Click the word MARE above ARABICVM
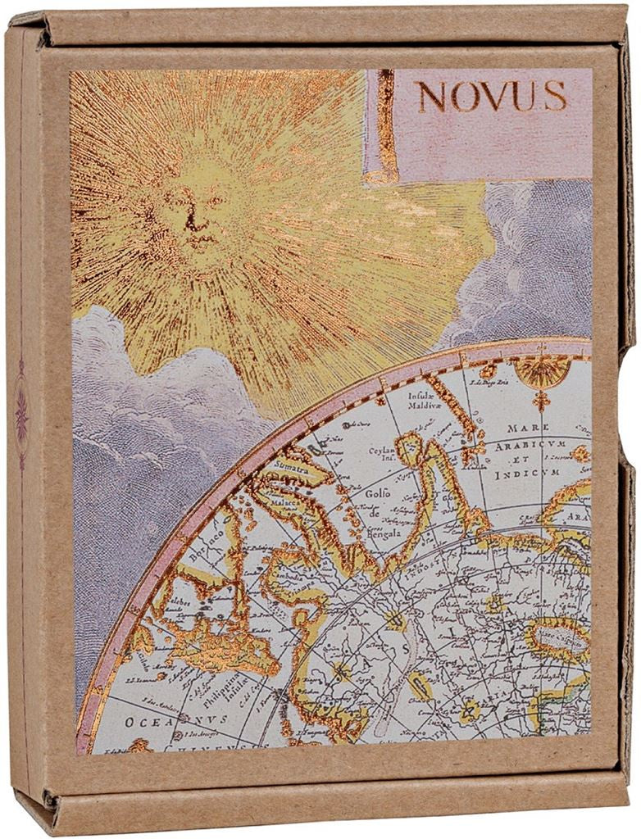528,428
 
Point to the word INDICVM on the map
534,473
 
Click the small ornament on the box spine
21,414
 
